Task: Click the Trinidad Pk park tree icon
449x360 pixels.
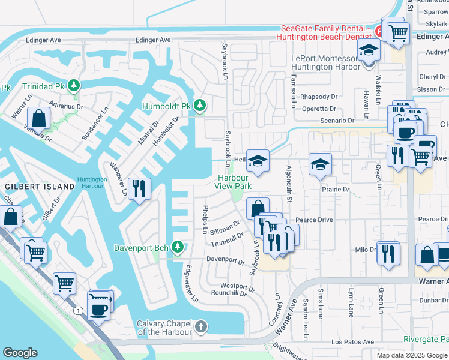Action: [x=74, y=86]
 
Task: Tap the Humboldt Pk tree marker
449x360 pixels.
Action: [x=199, y=106]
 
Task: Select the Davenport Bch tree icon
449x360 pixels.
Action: [x=177, y=247]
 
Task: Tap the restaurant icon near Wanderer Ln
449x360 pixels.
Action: [x=139, y=189]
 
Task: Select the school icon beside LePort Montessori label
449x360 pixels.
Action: [x=369, y=52]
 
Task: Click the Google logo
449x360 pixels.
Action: [x=20, y=353]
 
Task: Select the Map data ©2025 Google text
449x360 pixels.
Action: [x=412, y=355]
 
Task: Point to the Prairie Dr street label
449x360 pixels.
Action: [x=336, y=189]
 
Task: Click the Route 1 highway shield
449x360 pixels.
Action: [x=78, y=310]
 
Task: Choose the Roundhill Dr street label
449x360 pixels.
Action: [x=229, y=293]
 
